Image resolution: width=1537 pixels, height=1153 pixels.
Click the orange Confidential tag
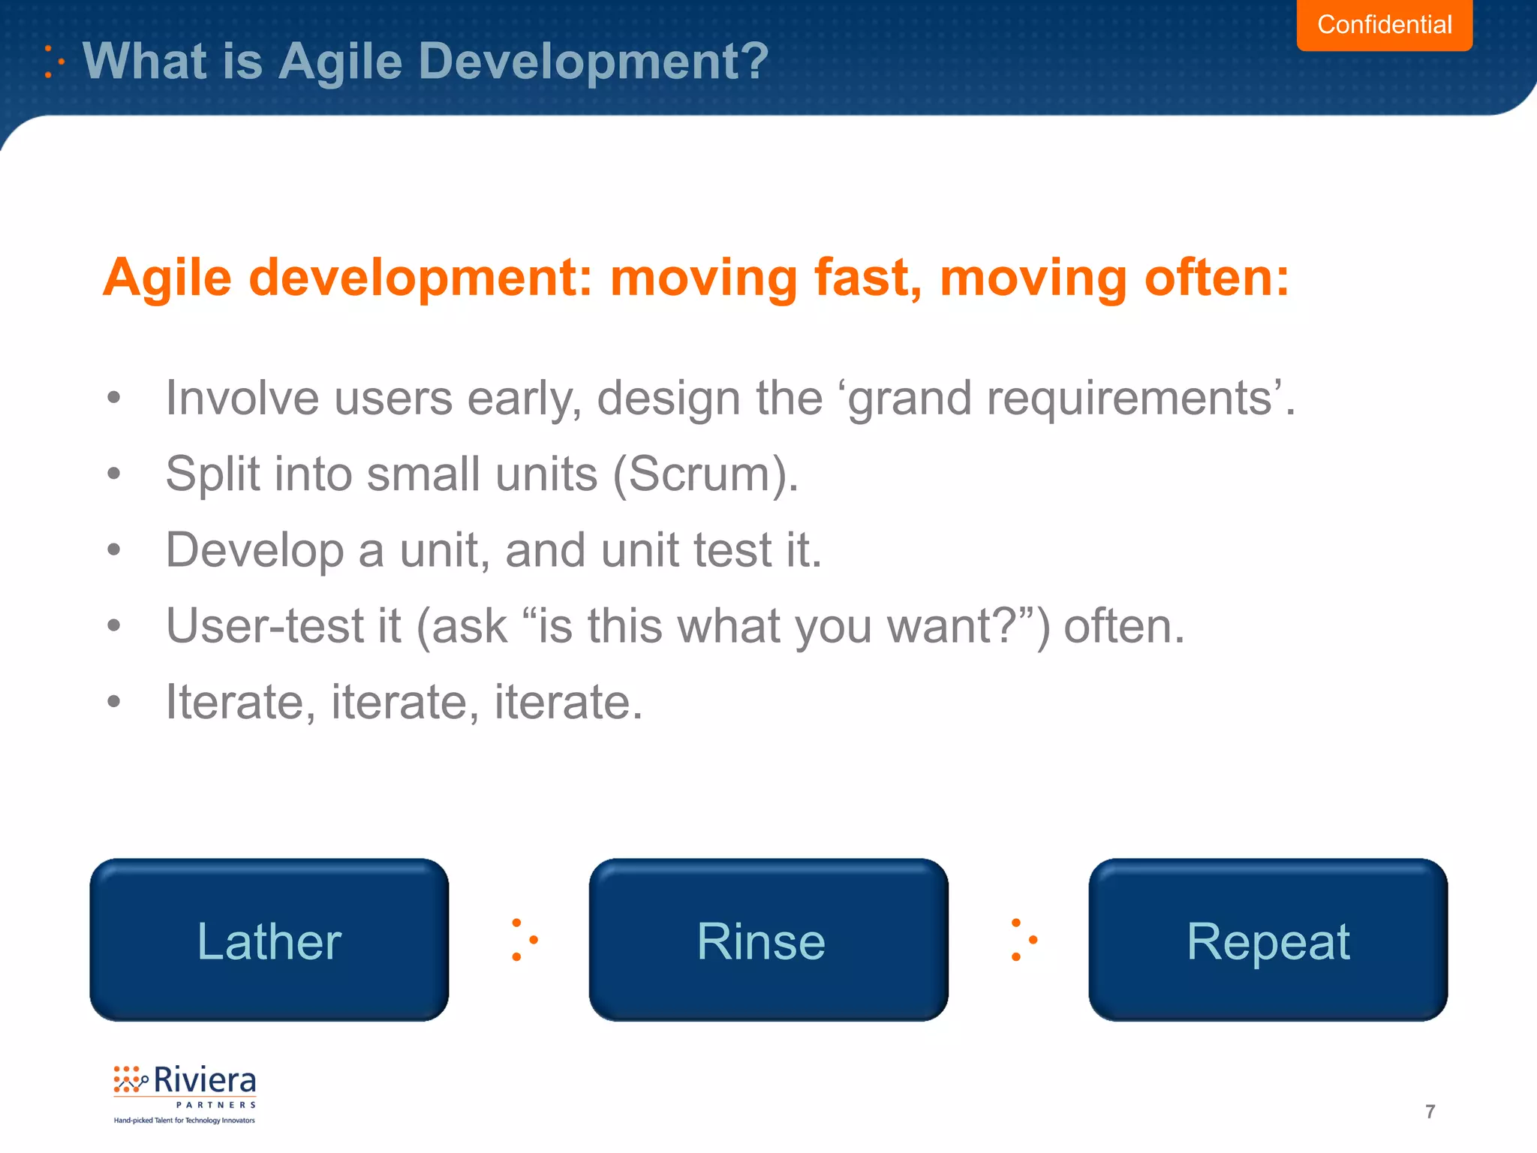tap(1384, 25)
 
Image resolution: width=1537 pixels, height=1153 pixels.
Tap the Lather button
tap(269, 940)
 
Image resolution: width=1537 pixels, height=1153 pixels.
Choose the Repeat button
tap(1268, 940)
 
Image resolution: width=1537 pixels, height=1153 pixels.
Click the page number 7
tap(1430, 1111)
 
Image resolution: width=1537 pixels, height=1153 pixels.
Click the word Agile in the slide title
tap(341, 61)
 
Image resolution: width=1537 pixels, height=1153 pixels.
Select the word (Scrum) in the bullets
tap(705, 474)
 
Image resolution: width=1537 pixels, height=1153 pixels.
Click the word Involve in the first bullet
tap(242, 398)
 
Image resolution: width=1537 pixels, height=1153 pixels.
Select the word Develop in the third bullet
tap(254, 551)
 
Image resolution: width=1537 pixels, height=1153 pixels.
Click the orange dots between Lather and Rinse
tap(523, 939)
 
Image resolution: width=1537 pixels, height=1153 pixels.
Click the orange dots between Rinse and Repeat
tap(1023, 939)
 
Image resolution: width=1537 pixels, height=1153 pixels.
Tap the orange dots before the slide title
tap(53, 62)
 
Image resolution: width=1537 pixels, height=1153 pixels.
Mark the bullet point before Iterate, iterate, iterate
tap(113, 702)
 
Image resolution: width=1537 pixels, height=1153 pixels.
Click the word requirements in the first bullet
tap(1129, 398)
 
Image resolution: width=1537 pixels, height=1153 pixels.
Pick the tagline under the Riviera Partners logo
tap(185, 1120)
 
